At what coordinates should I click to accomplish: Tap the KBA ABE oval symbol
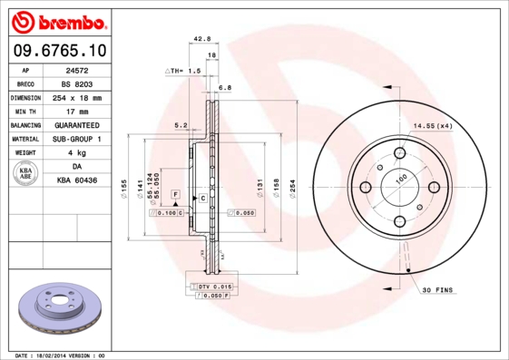(x=26, y=174)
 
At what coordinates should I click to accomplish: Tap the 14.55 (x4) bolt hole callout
(x=433, y=125)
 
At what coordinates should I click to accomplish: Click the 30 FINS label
(x=438, y=289)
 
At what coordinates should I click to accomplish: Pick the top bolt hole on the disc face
(x=400, y=152)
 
